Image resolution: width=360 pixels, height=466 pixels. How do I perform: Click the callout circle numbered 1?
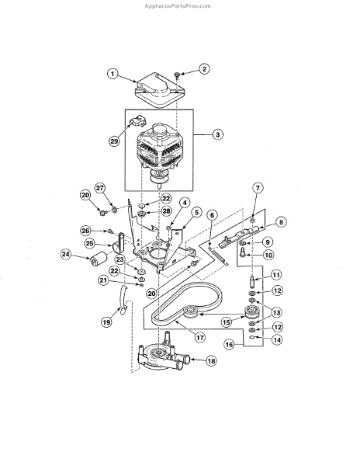click(x=112, y=75)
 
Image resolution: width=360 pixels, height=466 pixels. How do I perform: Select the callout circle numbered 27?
click(x=99, y=188)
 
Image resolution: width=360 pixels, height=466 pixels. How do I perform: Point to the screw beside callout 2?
click(x=178, y=75)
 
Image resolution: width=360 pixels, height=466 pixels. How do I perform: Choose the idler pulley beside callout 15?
click(x=250, y=314)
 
